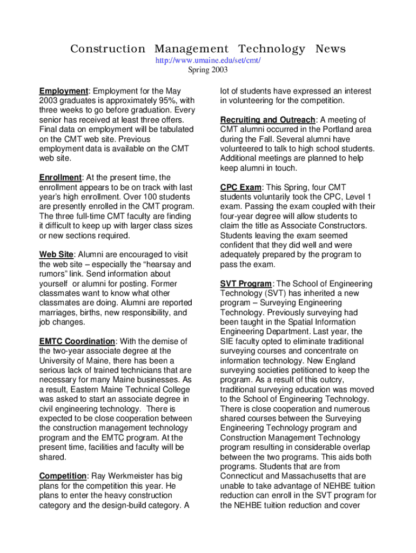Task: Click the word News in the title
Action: click(x=331, y=49)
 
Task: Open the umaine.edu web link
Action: click(x=208, y=60)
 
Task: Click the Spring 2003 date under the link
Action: click(x=208, y=70)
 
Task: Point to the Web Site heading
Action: click(x=56, y=255)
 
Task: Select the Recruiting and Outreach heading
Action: click(x=267, y=120)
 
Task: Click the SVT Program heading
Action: click(x=246, y=284)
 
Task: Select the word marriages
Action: click(x=58, y=313)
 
